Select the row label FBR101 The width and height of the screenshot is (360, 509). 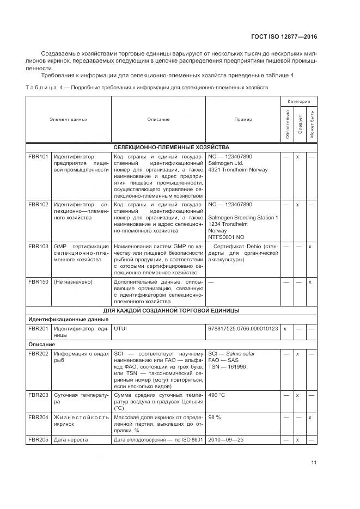pyautogui.click(x=38, y=157)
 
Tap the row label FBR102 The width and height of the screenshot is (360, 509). pyautogui.click(x=38, y=205)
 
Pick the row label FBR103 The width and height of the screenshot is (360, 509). pyautogui.click(x=38, y=247)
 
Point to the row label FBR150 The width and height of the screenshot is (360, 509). pyautogui.click(x=38, y=282)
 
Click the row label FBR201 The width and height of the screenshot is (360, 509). pyautogui.click(x=38, y=329)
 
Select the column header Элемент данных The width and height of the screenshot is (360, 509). pyautogui.click(x=69, y=119)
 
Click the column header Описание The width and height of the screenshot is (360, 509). pyautogui.click(x=158, y=119)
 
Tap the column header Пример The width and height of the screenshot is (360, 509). pyautogui.click(x=243, y=119)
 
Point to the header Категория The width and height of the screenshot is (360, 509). pyautogui.click(x=299, y=101)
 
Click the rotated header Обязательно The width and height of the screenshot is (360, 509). pyautogui.click(x=287, y=124)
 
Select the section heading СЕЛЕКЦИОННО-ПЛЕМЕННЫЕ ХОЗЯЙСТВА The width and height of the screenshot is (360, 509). pyautogui.click(x=171, y=148)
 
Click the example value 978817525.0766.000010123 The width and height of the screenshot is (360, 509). pyautogui.click(x=243, y=329)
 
